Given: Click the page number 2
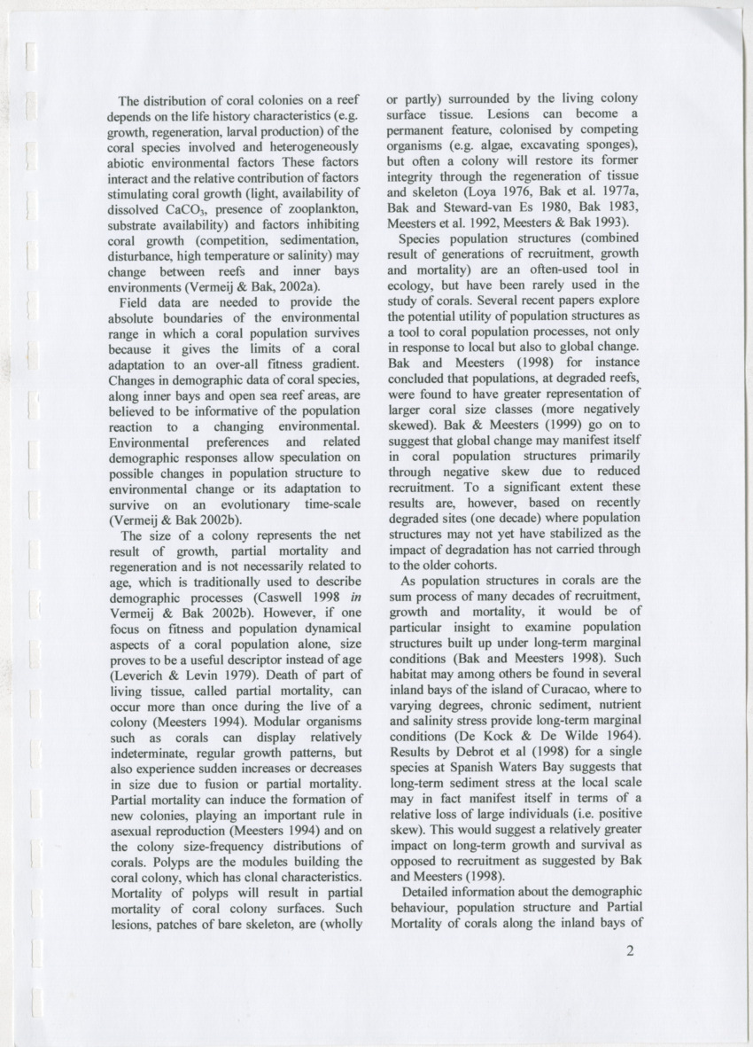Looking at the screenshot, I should click(x=631, y=953).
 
